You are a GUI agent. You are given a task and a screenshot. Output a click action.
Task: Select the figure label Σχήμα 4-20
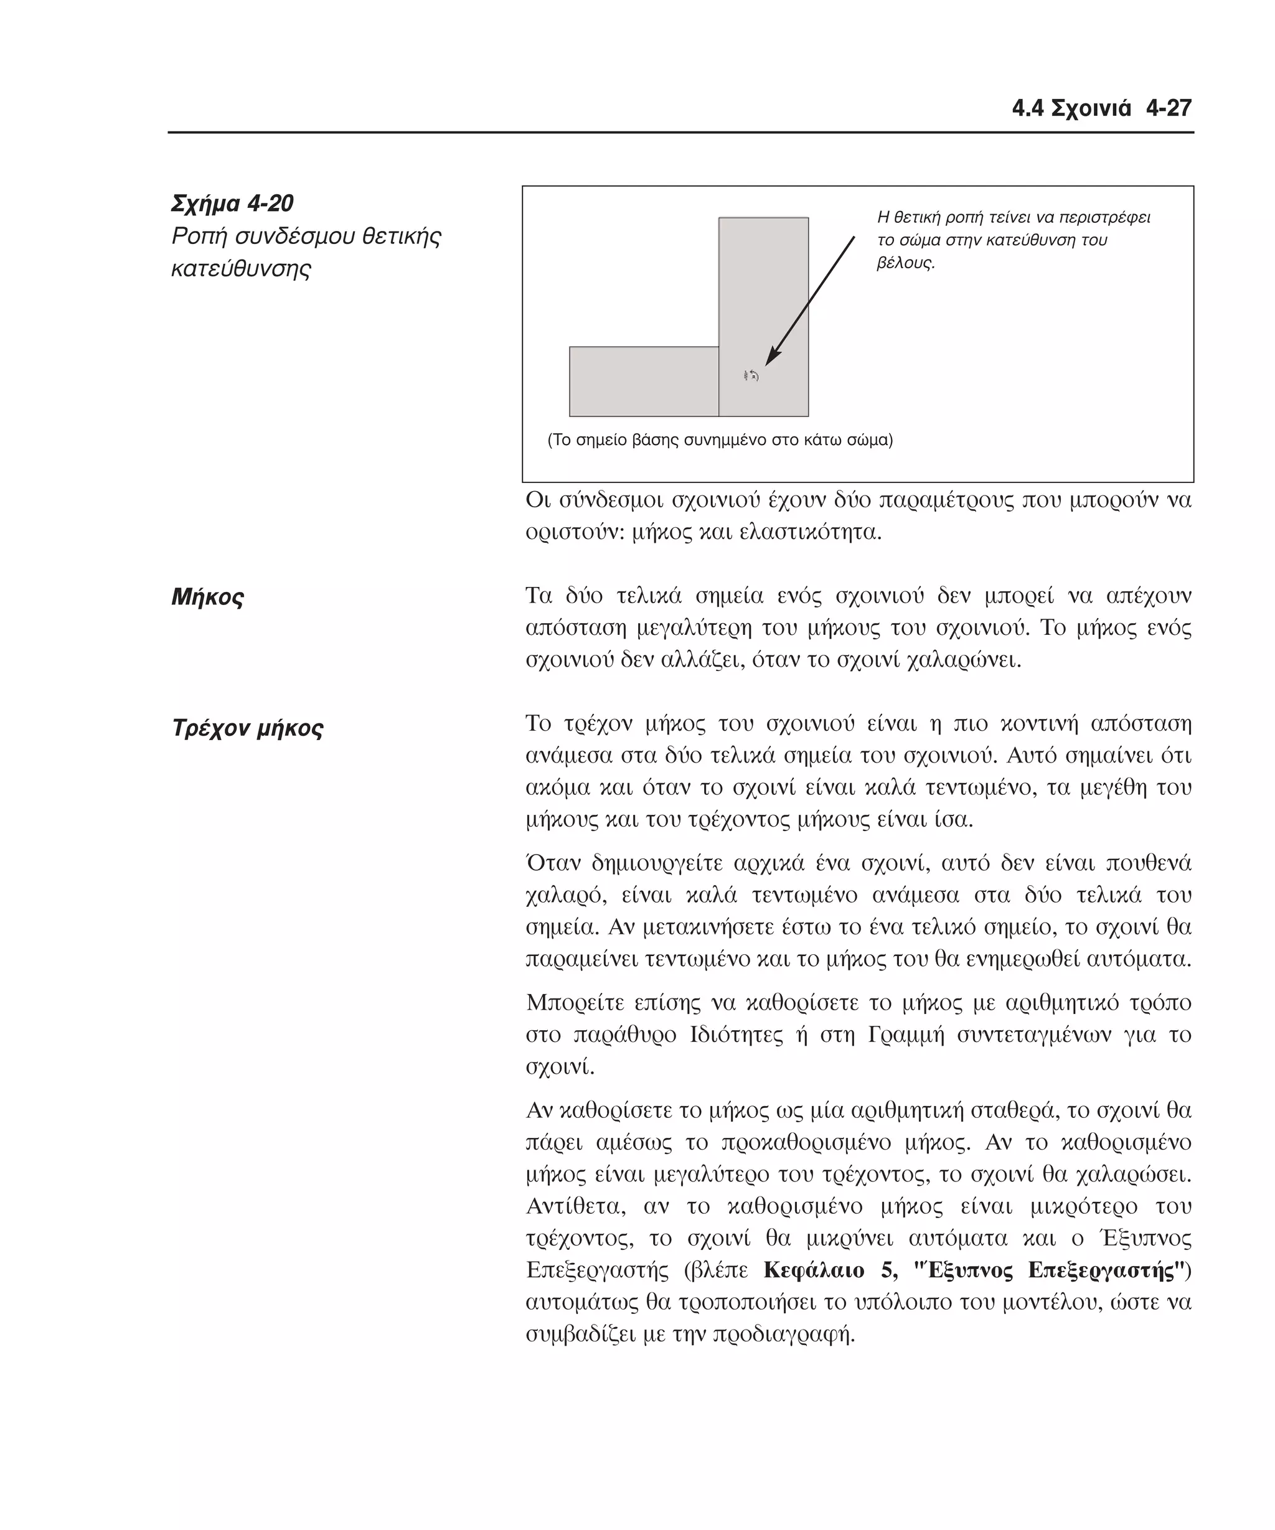tap(232, 204)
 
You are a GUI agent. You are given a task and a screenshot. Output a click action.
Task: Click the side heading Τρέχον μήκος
tap(247, 727)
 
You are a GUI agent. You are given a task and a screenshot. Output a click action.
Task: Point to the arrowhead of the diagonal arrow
tap(771, 358)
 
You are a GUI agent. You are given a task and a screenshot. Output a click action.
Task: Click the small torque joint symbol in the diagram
tap(750, 376)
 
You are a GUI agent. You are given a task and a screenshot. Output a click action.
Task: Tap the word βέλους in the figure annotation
tap(904, 263)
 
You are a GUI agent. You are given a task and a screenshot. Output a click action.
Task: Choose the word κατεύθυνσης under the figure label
tap(240, 268)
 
